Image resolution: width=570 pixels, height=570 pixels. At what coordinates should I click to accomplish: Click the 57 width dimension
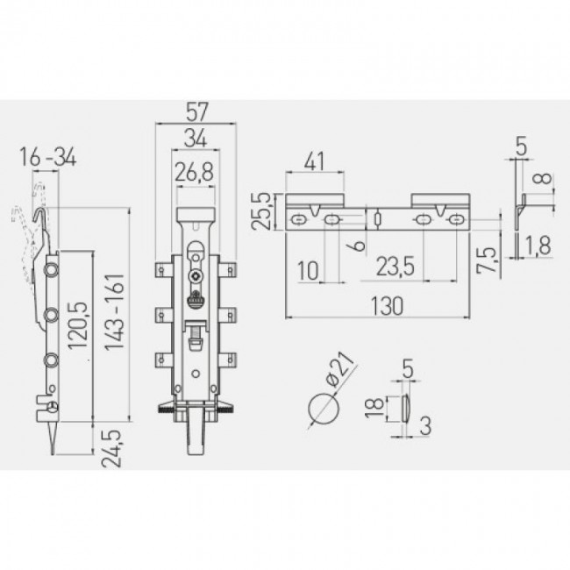(x=196, y=111)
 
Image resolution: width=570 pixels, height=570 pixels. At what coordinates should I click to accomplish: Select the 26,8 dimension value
(x=195, y=172)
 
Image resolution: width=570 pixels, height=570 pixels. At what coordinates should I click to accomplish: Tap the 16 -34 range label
(x=48, y=157)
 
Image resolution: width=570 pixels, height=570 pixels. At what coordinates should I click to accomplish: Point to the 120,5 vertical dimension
(x=78, y=325)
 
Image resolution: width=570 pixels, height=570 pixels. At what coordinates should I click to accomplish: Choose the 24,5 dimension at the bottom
(x=111, y=449)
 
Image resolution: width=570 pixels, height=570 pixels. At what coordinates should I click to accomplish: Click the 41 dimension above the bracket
(x=314, y=161)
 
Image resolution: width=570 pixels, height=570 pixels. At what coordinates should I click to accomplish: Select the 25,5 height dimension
(x=261, y=211)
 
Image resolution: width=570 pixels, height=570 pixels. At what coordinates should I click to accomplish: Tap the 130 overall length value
(x=387, y=306)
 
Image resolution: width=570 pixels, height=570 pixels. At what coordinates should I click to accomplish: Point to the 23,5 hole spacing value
(x=395, y=267)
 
